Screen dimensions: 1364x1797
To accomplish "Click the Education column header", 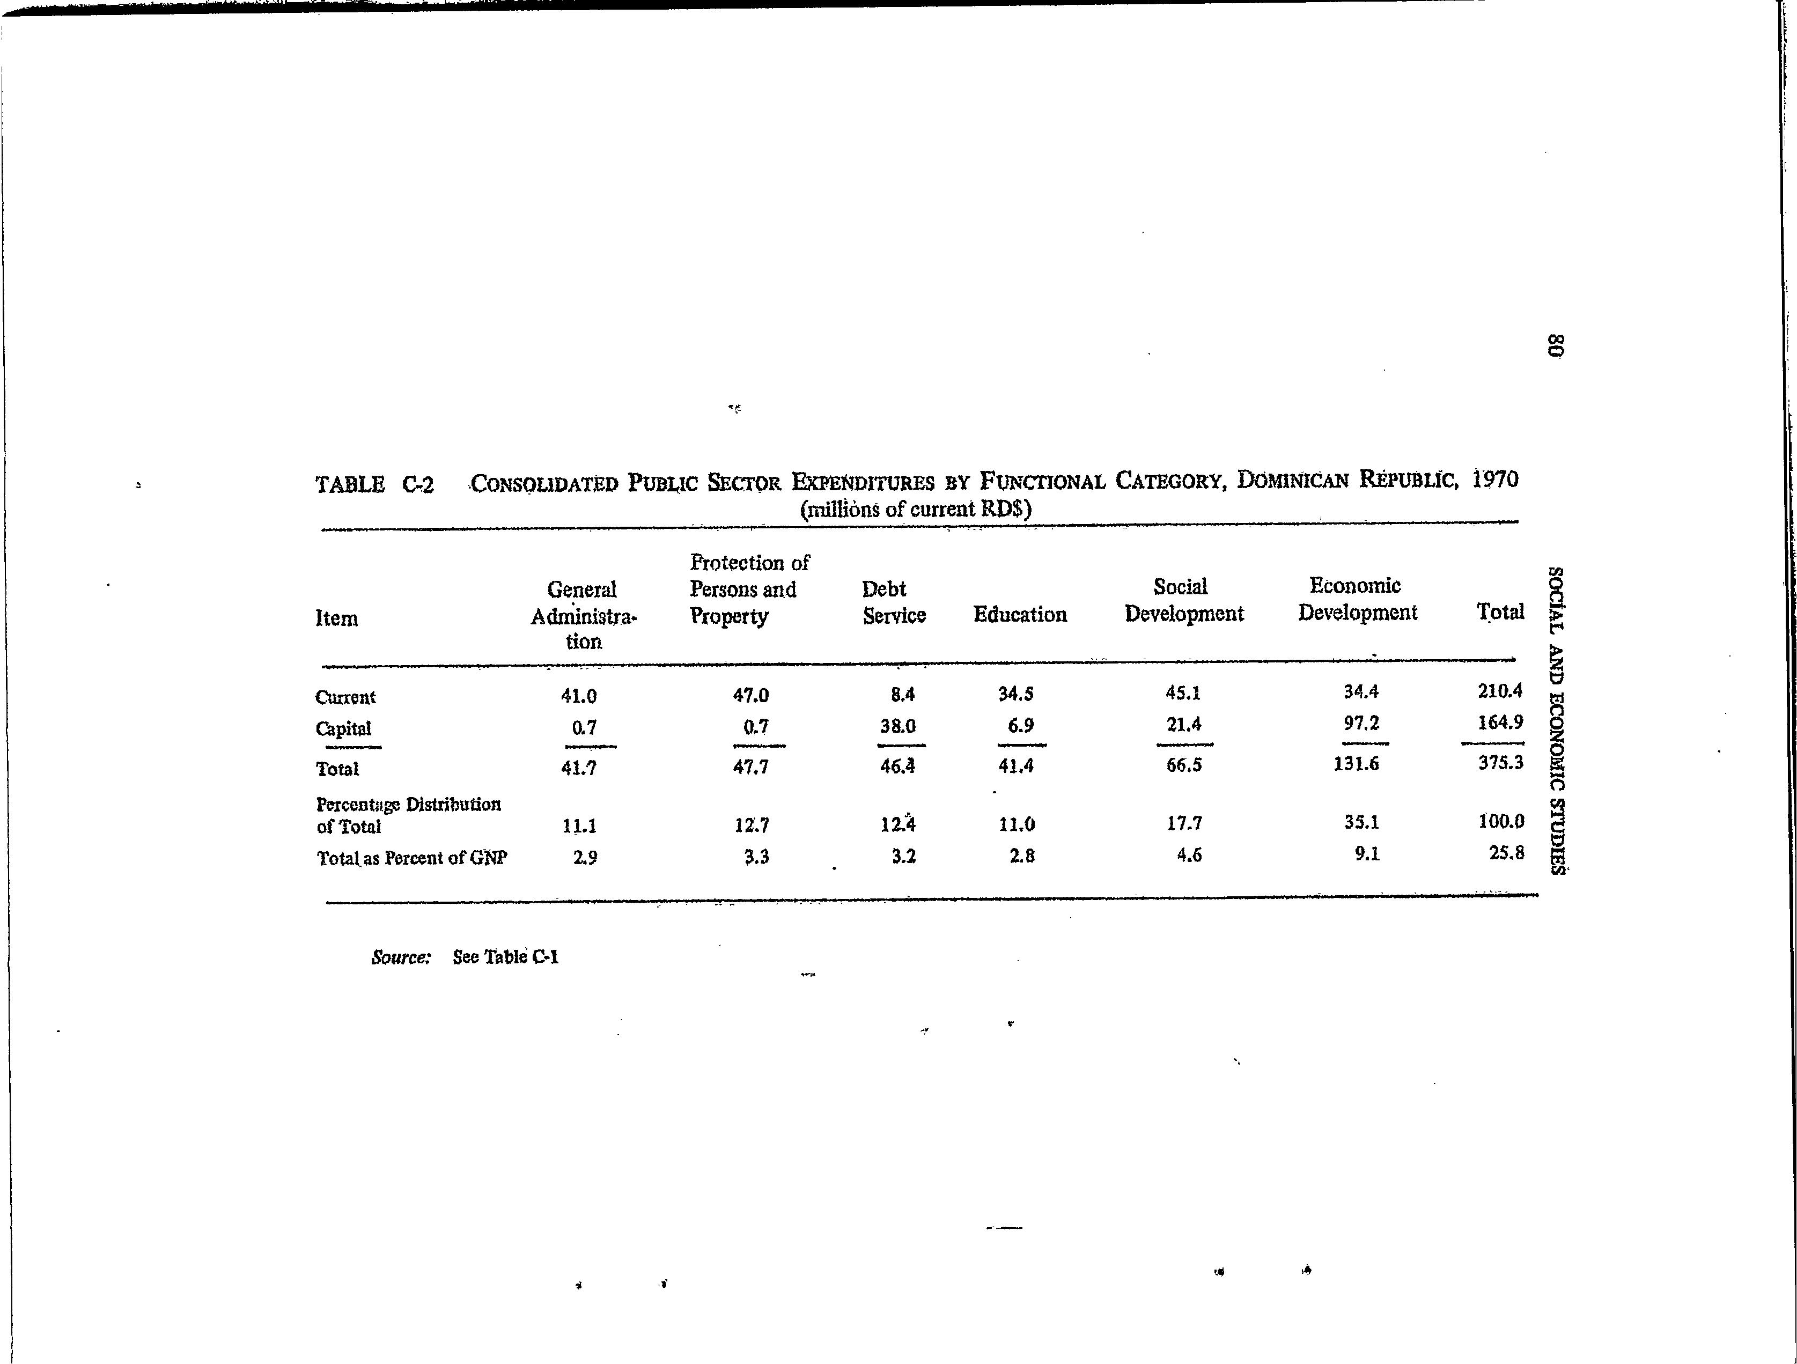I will click(1020, 615).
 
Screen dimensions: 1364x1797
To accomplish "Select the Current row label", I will click(345, 697).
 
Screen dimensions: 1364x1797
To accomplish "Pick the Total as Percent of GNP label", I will click(412, 858).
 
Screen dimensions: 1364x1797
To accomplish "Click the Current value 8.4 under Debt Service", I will click(903, 695).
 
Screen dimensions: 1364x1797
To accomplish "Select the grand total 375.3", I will click(1500, 762).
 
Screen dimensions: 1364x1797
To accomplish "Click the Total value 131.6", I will click(1356, 764).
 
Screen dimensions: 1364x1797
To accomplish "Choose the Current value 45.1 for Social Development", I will click(1183, 693).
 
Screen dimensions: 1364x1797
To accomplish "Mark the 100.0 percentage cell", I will click(1500, 821).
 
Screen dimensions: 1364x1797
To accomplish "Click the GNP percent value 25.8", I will click(1506, 852).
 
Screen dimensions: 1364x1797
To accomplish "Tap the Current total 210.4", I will click(1500, 690).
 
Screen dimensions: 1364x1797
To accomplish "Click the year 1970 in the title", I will click(1495, 480).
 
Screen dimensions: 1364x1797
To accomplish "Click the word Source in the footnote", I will click(400, 958).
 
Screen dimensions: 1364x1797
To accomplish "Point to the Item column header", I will click(336, 618).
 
